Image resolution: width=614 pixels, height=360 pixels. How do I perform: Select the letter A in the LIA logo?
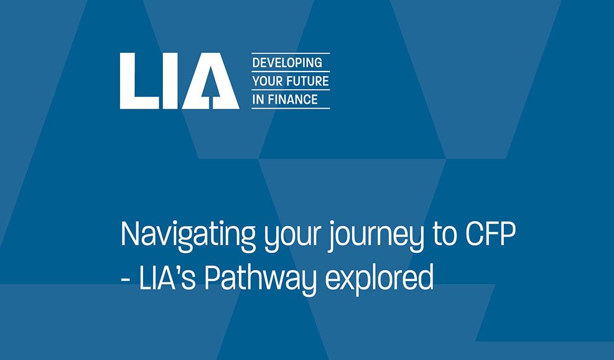211,81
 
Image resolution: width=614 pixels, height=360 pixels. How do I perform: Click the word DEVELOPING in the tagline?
287,63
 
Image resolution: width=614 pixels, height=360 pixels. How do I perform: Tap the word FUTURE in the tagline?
308,81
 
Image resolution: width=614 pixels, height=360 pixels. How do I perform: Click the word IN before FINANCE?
258,99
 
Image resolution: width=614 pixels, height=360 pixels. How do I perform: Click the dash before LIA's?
126,279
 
